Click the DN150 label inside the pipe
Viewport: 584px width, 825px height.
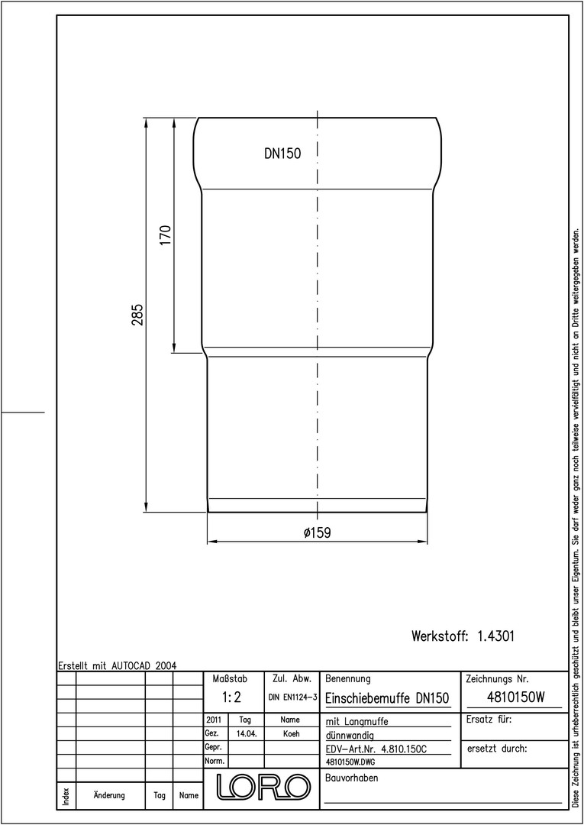click(x=282, y=154)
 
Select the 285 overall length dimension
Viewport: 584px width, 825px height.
click(x=137, y=314)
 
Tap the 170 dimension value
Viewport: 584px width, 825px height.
click(x=166, y=235)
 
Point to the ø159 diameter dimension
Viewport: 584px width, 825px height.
click(x=317, y=532)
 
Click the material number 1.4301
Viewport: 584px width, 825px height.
click(x=495, y=636)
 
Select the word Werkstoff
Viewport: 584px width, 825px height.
click(x=440, y=636)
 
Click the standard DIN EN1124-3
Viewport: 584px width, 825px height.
click(x=293, y=697)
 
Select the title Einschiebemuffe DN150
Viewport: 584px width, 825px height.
click(x=387, y=698)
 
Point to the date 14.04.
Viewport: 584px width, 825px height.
click(x=247, y=734)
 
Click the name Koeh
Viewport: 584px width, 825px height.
click(x=291, y=734)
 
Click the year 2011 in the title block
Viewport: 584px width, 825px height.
click(x=214, y=720)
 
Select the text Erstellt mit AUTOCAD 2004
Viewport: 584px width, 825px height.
click(x=118, y=665)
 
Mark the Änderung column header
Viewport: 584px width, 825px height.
click(x=109, y=795)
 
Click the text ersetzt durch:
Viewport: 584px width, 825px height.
click(x=496, y=749)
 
